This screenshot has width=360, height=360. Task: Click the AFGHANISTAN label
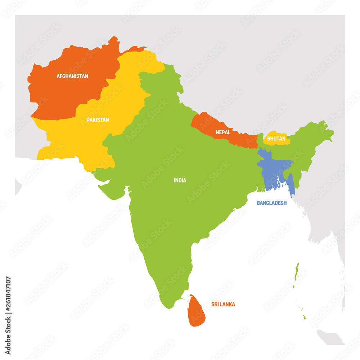[x=72, y=76]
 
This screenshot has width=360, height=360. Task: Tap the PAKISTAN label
[x=97, y=120]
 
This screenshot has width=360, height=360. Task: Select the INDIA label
[x=180, y=180]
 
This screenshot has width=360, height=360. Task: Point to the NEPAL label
[x=223, y=132]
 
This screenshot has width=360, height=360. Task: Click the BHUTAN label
[x=276, y=139]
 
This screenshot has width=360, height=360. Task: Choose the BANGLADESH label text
[x=271, y=203]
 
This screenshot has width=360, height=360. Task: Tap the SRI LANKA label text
[x=223, y=305]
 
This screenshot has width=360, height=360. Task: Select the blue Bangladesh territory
[x=273, y=169]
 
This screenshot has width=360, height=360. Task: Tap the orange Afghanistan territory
[x=65, y=94]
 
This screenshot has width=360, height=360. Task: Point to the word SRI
[x=215, y=305]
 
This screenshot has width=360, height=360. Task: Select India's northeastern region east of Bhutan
[x=310, y=140]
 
